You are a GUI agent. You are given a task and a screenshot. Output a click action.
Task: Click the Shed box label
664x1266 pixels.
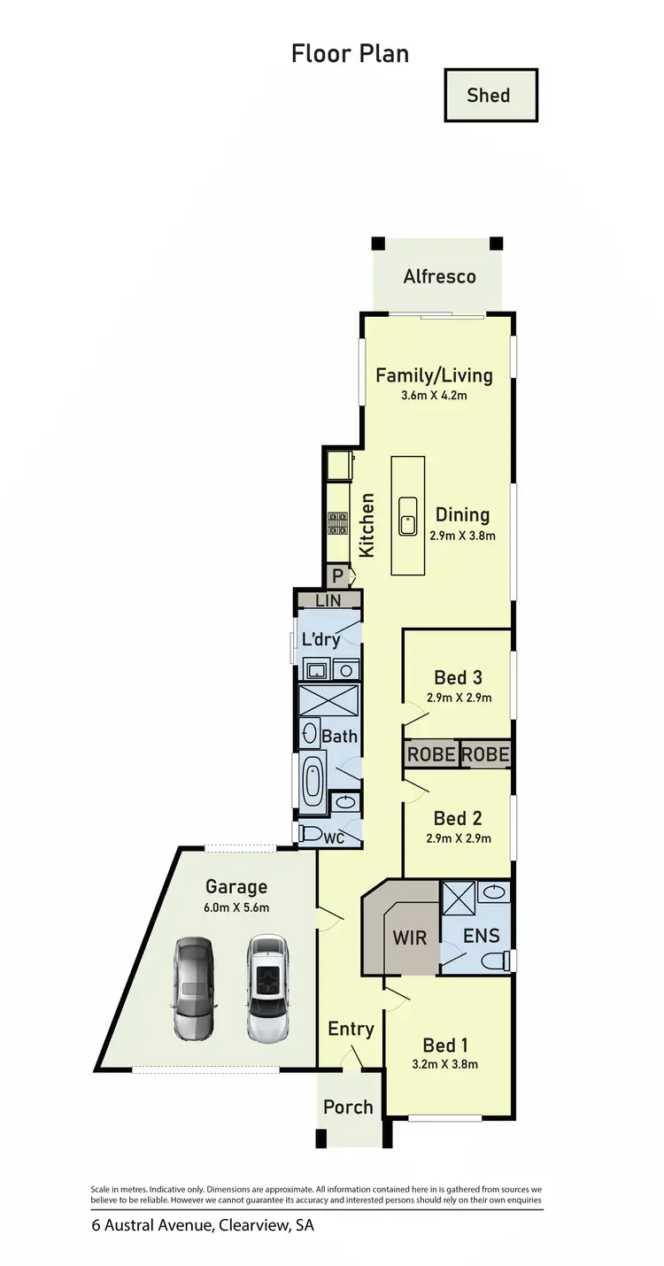(489, 95)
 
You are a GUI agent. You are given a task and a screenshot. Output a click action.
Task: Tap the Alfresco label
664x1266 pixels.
(439, 276)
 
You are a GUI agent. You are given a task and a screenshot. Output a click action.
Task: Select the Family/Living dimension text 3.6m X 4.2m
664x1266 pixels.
(434, 396)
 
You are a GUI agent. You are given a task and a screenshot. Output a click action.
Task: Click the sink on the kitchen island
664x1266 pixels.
(407, 515)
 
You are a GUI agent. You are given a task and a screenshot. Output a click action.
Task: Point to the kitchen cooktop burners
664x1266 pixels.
(337, 524)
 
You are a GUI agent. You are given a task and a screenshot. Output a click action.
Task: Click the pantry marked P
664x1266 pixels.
(337, 575)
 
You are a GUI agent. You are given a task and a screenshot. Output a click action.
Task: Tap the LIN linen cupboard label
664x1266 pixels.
(328, 600)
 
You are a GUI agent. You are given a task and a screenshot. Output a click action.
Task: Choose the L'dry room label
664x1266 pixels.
(320, 640)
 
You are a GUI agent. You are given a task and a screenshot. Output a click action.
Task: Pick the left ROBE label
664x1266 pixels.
(430, 755)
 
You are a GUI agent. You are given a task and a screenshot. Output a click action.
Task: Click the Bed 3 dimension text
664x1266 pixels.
(458, 698)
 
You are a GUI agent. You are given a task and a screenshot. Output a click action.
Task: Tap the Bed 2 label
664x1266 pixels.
(458, 818)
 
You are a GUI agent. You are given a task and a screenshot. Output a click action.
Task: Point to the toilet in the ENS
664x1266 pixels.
(497, 961)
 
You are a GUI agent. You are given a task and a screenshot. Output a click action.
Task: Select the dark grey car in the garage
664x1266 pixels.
(193, 986)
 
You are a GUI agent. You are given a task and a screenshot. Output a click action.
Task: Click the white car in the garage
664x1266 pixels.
(268, 986)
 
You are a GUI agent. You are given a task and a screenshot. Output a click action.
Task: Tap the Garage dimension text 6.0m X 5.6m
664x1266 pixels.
(236, 907)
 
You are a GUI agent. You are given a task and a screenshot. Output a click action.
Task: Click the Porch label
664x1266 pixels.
(348, 1107)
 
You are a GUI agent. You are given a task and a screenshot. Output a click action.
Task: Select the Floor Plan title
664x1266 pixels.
(350, 53)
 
